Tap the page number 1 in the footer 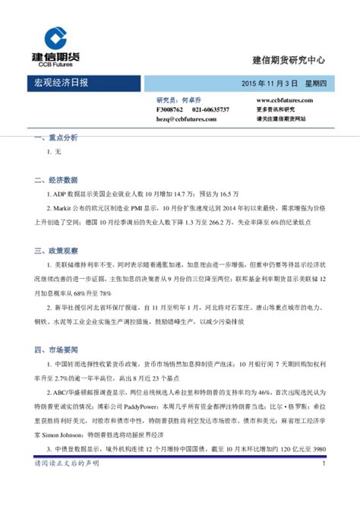pos(324,484)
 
